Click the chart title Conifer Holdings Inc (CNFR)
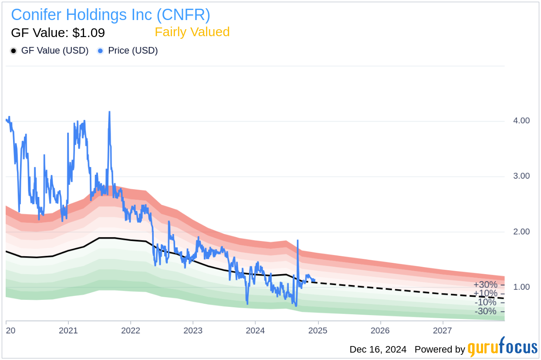[111, 15]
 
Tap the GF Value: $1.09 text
[58, 33]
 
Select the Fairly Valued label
[192, 32]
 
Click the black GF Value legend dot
[14, 51]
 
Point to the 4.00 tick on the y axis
[521, 121]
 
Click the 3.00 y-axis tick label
[521, 176]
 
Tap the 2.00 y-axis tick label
[521, 231]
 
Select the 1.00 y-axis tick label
[521, 287]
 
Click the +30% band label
[485, 285]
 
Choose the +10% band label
[485, 293]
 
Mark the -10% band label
[485, 302]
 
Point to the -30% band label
[485, 311]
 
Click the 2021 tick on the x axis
[68, 330]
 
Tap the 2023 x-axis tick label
[193, 330]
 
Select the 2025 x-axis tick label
[318, 330]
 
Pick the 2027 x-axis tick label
[443, 330]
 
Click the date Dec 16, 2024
[378, 350]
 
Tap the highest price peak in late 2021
[109, 112]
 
